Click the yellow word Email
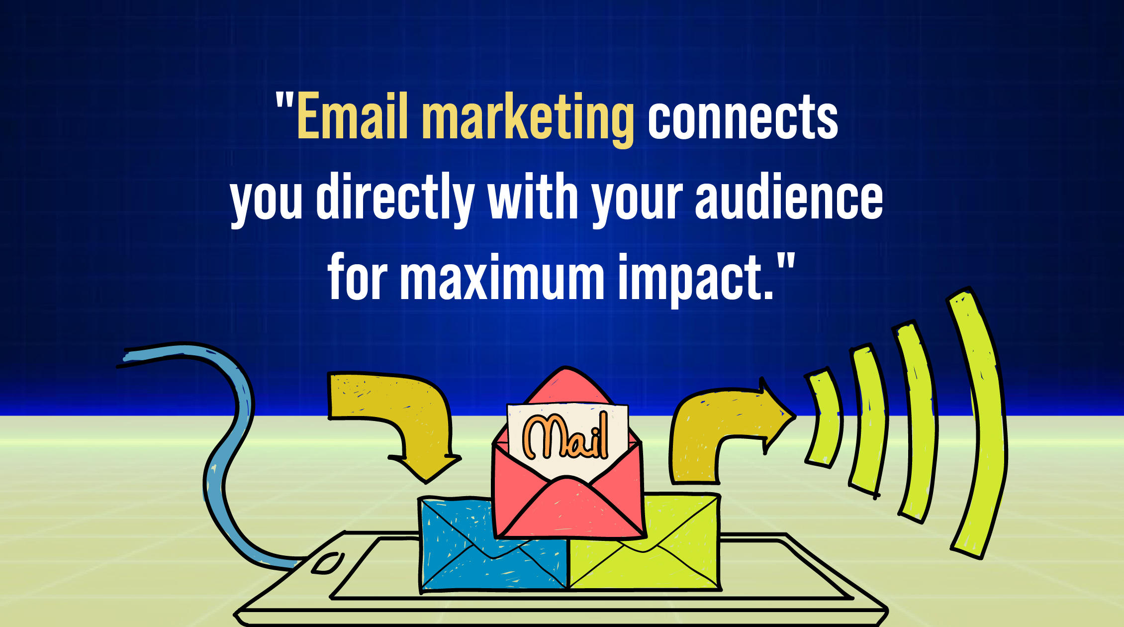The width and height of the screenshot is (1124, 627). click(352, 117)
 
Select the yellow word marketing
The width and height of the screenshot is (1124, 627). click(527, 119)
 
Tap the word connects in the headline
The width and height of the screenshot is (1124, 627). click(743, 118)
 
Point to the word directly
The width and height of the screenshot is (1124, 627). click(395, 198)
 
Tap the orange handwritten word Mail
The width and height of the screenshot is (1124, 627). click(565, 436)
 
